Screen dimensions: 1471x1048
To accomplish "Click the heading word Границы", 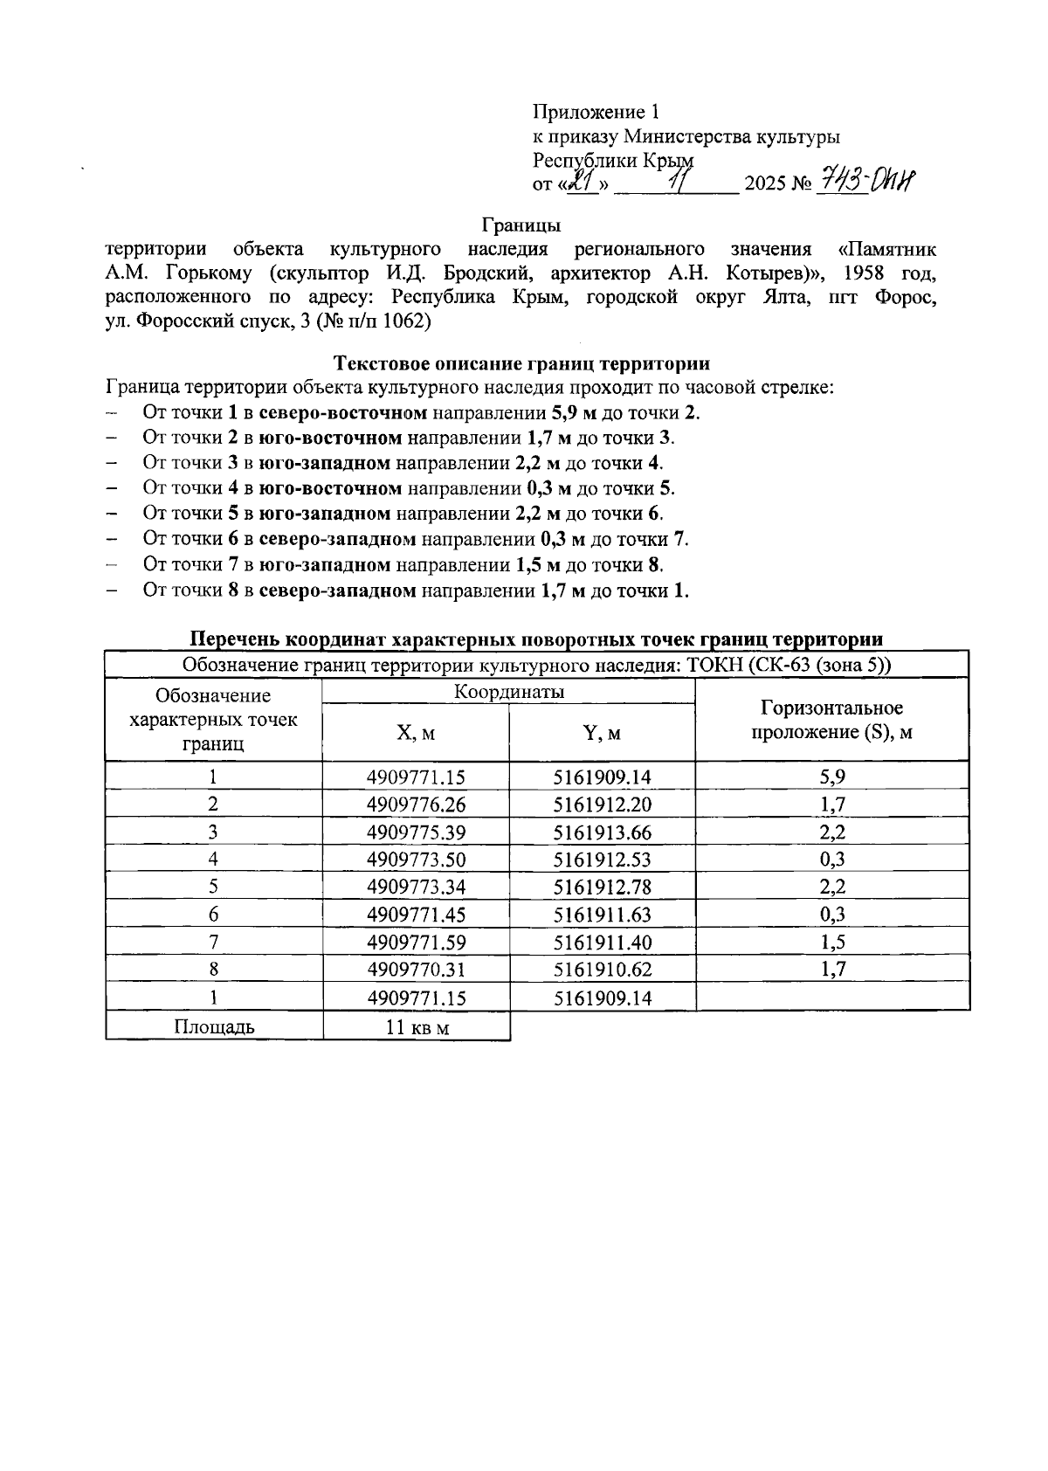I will click(521, 225).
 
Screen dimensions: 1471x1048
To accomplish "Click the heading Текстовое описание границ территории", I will click(521, 363).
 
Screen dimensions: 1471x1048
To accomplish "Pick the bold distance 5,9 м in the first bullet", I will click(573, 412).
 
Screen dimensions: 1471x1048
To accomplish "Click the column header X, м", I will click(415, 733).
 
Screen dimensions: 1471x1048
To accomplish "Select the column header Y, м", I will click(602, 733).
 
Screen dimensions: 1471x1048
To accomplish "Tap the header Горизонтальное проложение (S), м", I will click(831, 720).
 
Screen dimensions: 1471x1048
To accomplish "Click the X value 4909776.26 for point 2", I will click(417, 805).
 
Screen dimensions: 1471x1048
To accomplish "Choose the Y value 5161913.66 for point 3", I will click(602, 832).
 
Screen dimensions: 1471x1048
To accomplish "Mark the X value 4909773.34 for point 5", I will click(417, 887).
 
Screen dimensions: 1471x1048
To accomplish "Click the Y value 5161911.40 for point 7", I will click(602, 943).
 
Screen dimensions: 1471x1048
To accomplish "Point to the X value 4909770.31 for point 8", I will click(417, 970).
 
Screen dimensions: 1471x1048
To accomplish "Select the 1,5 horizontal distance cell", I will click(831, 942).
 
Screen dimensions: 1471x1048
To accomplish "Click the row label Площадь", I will click(214, 1026).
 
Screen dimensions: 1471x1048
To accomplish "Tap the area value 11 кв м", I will click(417, 1027).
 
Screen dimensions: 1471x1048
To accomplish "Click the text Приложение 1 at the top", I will click(596, 112).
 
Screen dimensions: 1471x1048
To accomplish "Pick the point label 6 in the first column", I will click(213, 915).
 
